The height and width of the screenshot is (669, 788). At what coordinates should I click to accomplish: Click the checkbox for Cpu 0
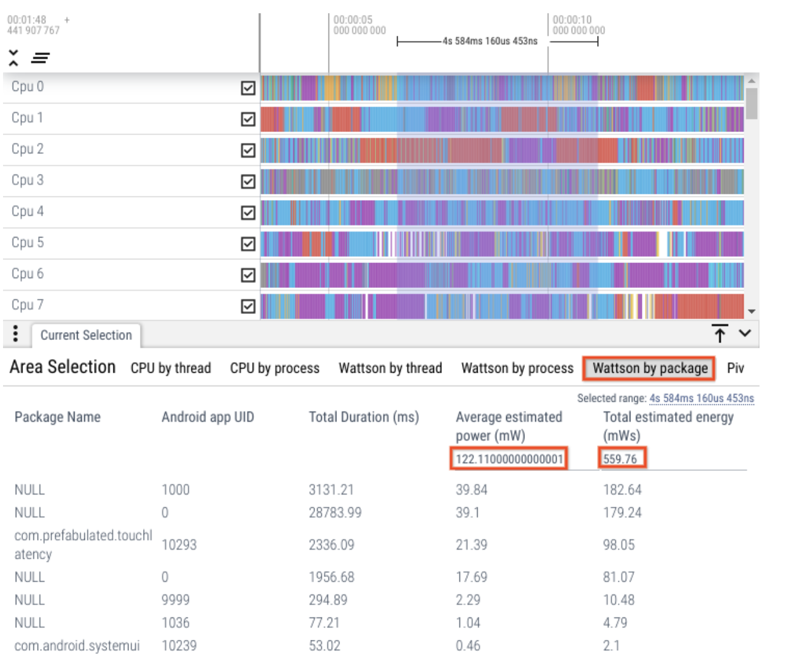point(248,88)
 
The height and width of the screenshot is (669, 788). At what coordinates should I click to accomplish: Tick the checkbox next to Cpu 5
point(248,244)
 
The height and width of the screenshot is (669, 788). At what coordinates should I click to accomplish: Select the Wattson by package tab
point(649,368)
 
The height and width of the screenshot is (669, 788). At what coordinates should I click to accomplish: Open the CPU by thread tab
point(170,368)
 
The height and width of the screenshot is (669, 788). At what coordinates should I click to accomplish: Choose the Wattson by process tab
point(517,368)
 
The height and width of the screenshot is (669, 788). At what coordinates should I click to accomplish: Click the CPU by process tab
point(275,368)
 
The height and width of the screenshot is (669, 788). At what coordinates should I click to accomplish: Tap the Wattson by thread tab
point(390,368)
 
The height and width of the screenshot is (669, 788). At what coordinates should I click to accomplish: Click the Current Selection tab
point(86,336)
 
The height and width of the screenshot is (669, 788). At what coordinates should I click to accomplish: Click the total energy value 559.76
point(620,459)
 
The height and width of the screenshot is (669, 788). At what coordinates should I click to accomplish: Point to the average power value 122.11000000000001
point(509,459)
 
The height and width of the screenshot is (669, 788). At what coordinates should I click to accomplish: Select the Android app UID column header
point(207,418)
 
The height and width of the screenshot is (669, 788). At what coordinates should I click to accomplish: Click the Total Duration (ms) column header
point(364,418)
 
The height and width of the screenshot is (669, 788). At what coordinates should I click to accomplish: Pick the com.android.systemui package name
point(77,646)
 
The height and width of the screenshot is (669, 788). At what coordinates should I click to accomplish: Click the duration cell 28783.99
point(335,513)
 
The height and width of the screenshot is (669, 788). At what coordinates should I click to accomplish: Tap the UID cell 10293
point(179,545)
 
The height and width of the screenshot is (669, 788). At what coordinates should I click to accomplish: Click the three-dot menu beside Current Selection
point(16,334)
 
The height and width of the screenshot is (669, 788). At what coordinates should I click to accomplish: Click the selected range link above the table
point(701,399)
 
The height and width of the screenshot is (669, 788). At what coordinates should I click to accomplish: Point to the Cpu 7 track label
point(27,305)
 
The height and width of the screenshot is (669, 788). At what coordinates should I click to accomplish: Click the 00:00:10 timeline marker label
point(572,20)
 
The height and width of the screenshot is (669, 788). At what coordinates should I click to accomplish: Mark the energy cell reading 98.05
point(618,545)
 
